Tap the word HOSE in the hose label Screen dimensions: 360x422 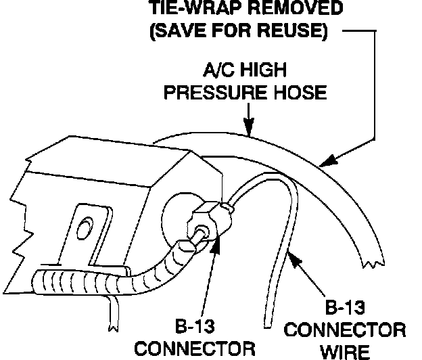[x=298, y=91]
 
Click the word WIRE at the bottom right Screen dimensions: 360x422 [x=346, y=351]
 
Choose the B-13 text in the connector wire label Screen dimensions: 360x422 [x=346, y=309]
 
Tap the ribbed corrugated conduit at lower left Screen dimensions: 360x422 [x=74, y=279]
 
